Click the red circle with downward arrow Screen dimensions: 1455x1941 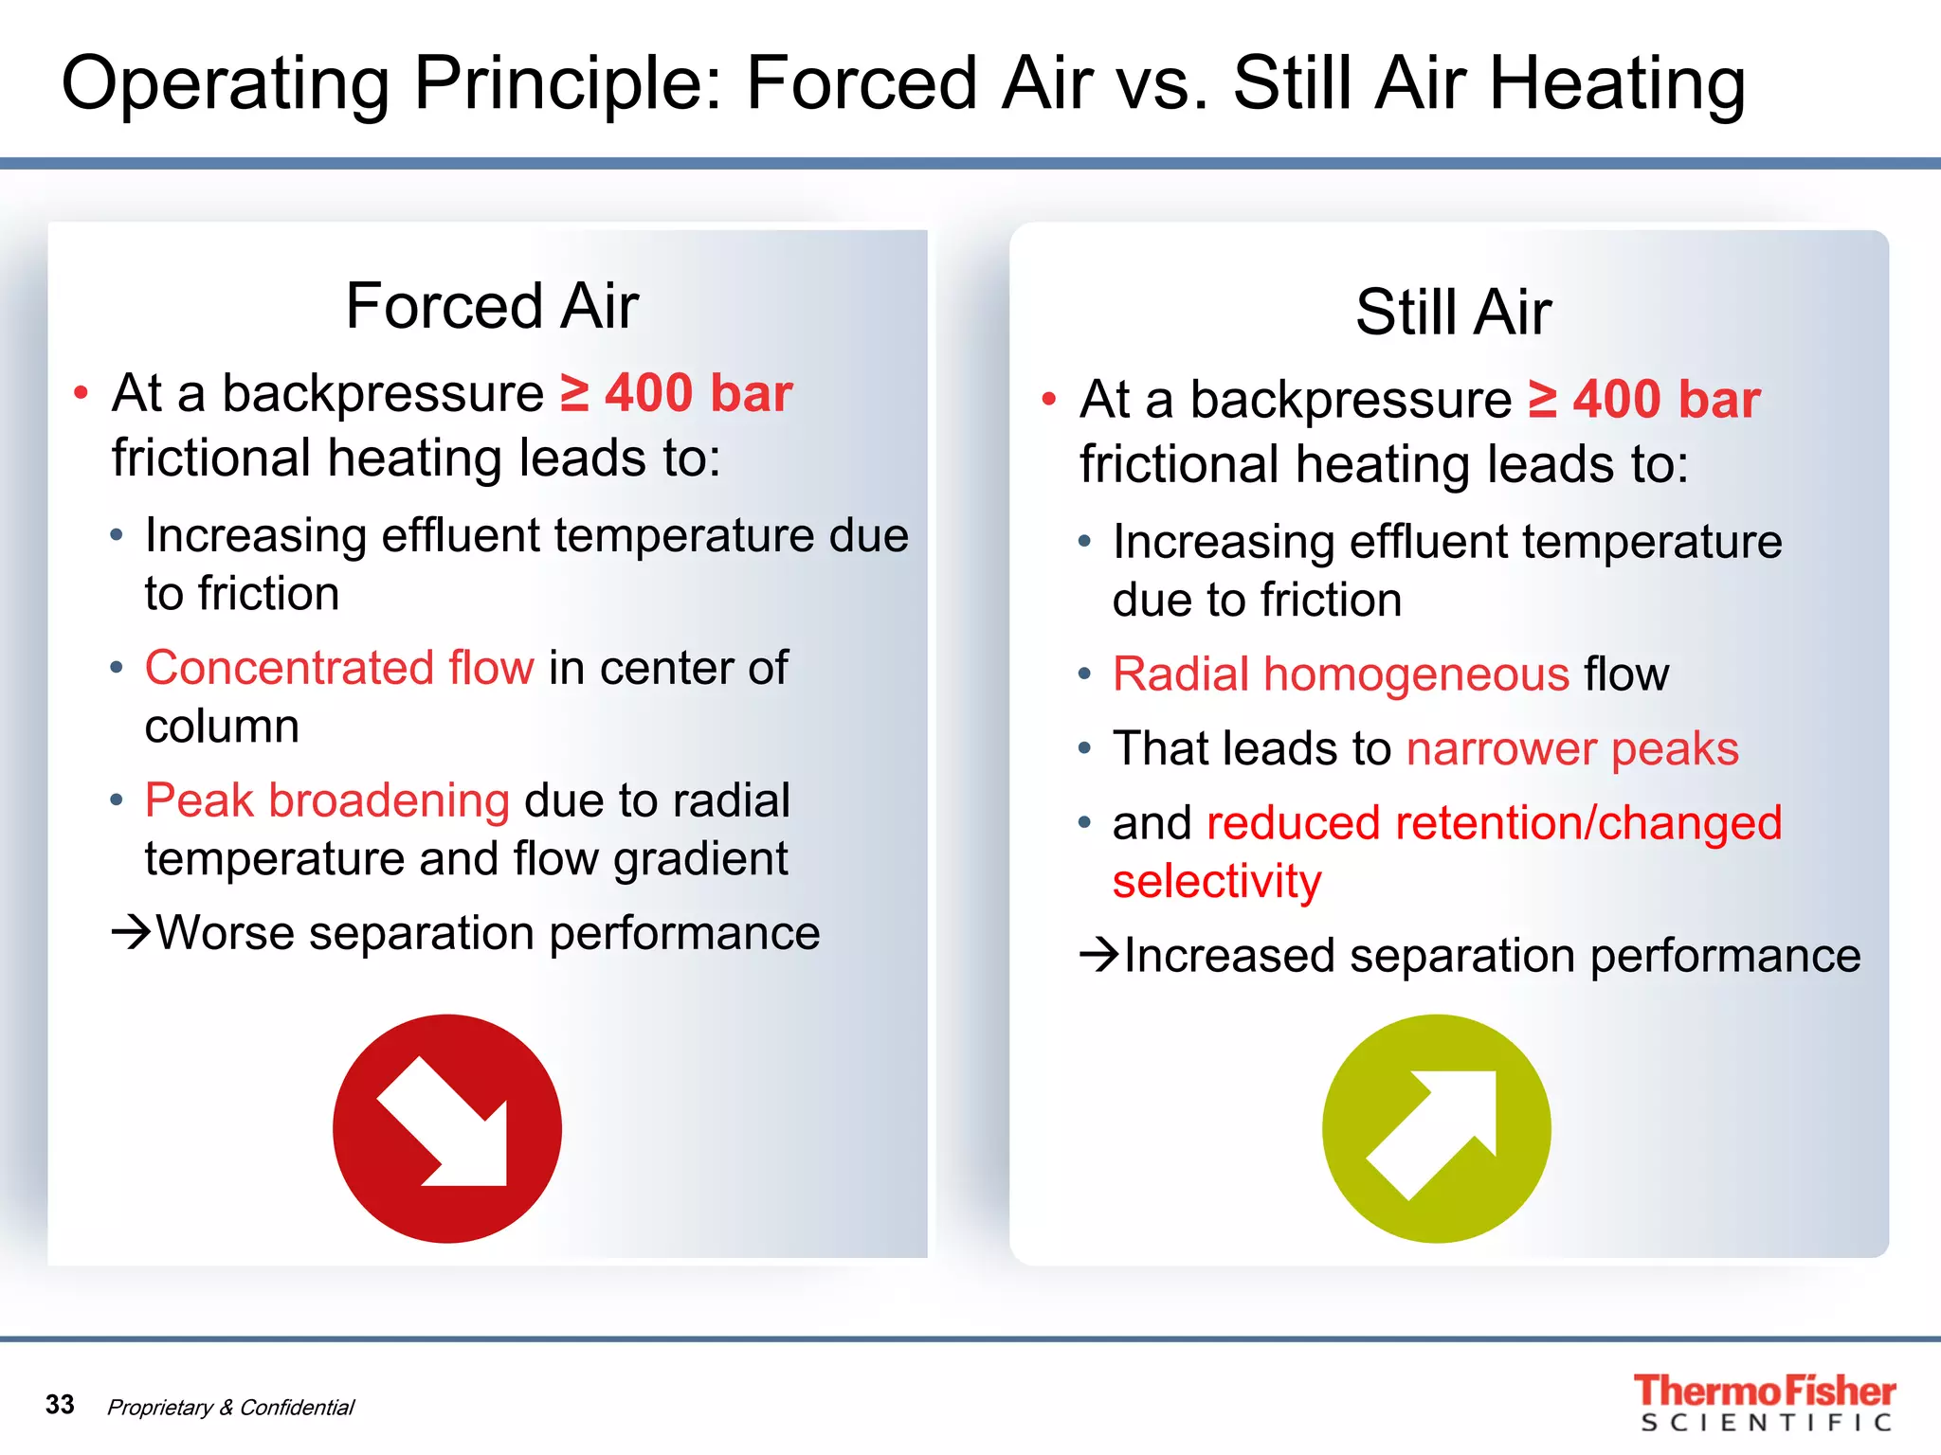click(x=446, y=1128)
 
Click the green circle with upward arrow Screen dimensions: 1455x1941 click(x=1436, y=1128)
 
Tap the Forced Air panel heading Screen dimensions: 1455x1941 click(x=491, y=306)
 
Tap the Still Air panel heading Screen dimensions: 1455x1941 click(x=1452, y=312)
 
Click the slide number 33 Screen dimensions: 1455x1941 click(x=60, y=1404)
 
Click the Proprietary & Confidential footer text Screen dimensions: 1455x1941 click(x=230, y=1408)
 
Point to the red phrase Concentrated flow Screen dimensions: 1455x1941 click(x=339, y=668)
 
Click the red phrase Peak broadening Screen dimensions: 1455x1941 click(x=327, y=800)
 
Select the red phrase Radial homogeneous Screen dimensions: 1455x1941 click(x=1340, y=674)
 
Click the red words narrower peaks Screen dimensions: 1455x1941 click(x=1572, y=748)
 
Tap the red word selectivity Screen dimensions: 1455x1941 click(x=1216, y=881)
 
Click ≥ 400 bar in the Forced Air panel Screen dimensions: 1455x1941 click(x=676, y=393)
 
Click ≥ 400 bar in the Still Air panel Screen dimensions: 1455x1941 click(x=1644, y=399)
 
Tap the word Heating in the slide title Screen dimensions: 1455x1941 click(x=1617, y=84)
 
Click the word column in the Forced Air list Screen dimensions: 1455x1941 click(x=222, y=727)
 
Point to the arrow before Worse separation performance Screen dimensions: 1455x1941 click(x=132, y=932)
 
